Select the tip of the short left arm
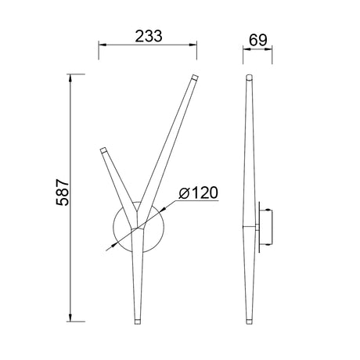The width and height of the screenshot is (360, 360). coord(102,149)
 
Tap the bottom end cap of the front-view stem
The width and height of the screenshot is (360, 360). coord(139,320)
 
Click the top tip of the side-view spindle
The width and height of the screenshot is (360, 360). coord(250,77)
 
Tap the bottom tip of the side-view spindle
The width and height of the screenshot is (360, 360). coord(250,320)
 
